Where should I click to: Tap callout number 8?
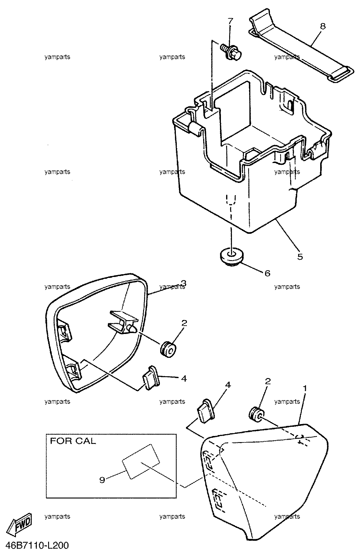323,26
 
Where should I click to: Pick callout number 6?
267,273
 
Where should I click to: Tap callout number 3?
184,282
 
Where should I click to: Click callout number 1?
305,388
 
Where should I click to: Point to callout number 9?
102,480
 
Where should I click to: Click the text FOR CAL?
73,441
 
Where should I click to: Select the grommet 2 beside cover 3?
169,350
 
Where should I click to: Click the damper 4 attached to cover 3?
150,378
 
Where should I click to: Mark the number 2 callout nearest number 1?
268,381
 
